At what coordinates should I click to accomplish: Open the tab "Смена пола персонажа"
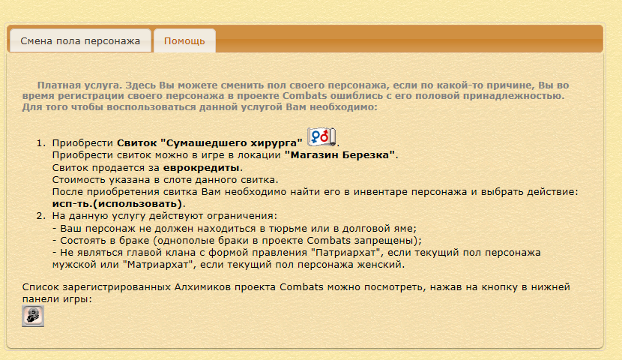tap(80, 41)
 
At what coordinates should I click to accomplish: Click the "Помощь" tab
tap(184, 41)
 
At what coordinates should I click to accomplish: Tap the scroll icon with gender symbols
tap(321, 137)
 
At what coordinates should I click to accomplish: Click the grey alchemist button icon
tap(33, 316)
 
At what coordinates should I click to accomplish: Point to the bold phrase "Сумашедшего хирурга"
tap(232, 143)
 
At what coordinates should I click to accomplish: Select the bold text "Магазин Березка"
tap(339, 155)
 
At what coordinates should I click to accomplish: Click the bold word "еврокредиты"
tap(201, 167)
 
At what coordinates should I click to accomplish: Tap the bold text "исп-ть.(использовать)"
tap(117, 204)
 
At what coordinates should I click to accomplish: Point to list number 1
tap(41, 143)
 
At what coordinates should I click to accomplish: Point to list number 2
tap(41, 216)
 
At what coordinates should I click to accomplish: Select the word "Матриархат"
tap(160, 265)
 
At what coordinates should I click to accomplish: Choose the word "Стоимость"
tap(78, 180)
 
